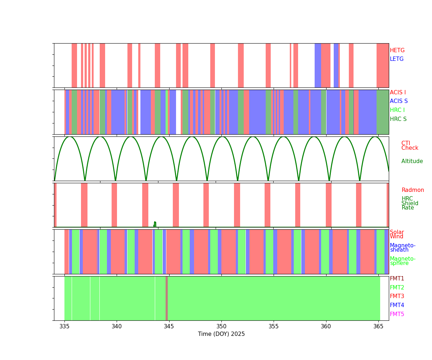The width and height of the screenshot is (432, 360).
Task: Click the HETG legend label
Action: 397,50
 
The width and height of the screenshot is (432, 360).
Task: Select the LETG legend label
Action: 397,59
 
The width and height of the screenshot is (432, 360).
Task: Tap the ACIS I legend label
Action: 398,93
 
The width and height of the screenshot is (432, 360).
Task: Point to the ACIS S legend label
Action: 399,101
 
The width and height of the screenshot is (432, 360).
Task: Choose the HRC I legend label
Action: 397,110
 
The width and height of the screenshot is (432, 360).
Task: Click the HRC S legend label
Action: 398,119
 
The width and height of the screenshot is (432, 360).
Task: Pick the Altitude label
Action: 412,161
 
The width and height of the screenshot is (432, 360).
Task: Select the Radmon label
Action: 413,190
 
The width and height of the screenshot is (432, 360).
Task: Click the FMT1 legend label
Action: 397,279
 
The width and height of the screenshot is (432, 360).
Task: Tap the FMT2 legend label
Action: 397,288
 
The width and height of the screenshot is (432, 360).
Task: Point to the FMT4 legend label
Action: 397,305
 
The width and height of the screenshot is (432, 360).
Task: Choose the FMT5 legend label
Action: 397,314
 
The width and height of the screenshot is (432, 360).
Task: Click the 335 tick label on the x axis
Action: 64,327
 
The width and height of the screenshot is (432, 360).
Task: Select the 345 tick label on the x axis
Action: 169,327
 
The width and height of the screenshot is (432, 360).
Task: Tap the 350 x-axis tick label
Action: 221,327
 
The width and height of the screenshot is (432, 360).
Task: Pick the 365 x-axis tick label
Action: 378,327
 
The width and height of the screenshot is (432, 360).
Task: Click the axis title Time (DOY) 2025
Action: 221,334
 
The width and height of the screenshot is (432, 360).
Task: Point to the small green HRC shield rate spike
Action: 155,224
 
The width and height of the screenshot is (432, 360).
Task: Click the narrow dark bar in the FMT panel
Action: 167,298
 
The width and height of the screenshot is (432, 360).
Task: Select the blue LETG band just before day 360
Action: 318,66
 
